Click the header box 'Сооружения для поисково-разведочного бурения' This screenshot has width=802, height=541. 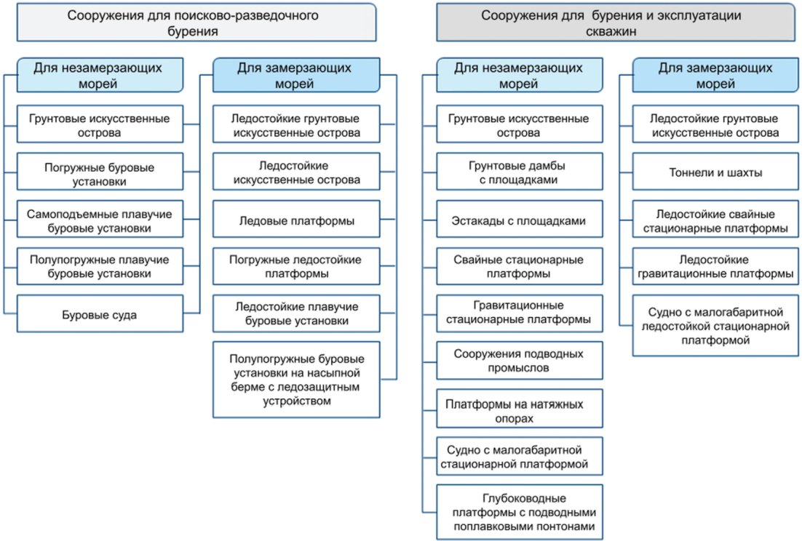coord(196,23)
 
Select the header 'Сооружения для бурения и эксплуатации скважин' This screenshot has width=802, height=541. coord(615,23)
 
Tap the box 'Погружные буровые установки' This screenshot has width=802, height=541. coord(100,172)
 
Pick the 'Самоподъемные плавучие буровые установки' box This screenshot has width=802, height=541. coord(100,219)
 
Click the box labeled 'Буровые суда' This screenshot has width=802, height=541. coord(100,313)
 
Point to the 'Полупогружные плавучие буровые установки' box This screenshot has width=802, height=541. coord(100,266)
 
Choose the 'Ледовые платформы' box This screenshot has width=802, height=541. coord(296,219)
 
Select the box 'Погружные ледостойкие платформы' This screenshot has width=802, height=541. coord(296,266)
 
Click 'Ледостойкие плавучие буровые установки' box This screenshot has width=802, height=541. coord(296,313)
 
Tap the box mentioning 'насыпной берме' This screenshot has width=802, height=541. coord(296,380)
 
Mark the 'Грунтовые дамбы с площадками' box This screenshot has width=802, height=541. coord(519,172)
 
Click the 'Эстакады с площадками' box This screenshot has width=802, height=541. coord(519,219)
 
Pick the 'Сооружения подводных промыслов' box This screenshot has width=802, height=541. coord(519,361)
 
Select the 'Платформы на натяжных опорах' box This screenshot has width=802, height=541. coord(519,408)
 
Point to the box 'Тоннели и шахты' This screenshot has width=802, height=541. coord(715,172)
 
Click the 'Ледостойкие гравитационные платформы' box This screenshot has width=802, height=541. coord(715,266)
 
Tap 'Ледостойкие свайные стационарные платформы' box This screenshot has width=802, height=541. coord(715,219)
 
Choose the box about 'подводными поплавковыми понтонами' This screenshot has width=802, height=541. coord(519,512)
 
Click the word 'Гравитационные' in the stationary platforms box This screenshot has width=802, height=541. coord(518,305)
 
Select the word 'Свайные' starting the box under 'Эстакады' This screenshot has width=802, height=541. coord(476,260)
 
